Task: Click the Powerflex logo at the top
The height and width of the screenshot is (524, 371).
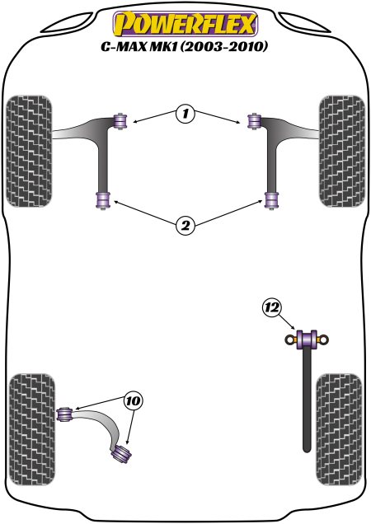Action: pyautogui.click(x=185, y=22)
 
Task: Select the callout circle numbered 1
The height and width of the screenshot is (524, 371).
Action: pyautogui.click(x=185, y=115)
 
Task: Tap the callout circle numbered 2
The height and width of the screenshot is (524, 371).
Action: pyautogui.click(x=185, y=225)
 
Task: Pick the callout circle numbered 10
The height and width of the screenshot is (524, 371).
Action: pyautogui.click(x=133, y=401)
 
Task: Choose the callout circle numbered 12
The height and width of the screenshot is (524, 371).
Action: pyautogui.click(x=271, y=308)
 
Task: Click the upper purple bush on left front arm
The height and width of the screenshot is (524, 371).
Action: pyautogui.click(x=121, y=121)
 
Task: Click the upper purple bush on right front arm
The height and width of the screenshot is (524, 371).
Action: pyautogui.click(x=252, y=121)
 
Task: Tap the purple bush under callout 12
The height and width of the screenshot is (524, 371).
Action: pyautogui.click(x=306, y=339)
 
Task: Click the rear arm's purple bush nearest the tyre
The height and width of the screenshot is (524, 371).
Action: pyautogui.click(x=65, y=412)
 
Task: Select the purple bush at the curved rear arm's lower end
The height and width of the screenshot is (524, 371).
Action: pyautogui.click(x=124, y=452)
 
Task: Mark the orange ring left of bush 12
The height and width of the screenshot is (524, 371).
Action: pyautogui.click(x=289, y=339)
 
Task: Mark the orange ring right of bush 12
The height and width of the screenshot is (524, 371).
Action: pyautogui.click(x=323, y=339)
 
